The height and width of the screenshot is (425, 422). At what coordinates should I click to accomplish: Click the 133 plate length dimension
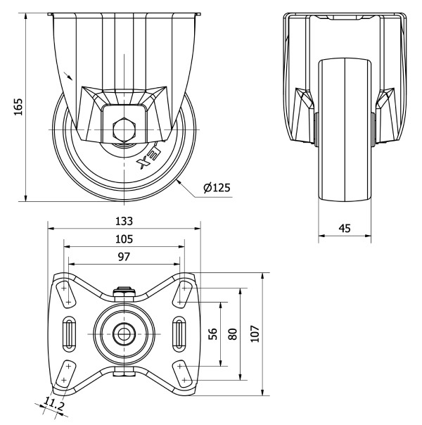[124, 220]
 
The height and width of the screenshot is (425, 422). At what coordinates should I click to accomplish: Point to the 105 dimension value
[124, 239]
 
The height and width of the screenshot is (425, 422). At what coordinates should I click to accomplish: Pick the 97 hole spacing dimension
[124, 257]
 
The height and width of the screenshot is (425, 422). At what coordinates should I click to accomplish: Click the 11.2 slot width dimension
[53, 403]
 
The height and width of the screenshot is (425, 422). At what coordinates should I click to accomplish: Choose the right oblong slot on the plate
[179, 332]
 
